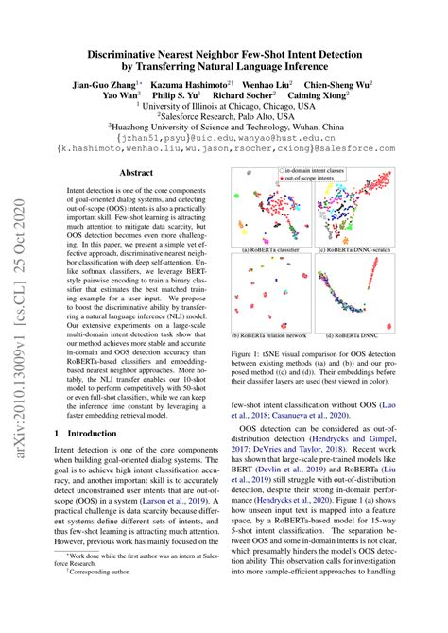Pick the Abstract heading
[x=138, y=172]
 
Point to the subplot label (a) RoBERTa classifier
[x=273, y=249]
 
